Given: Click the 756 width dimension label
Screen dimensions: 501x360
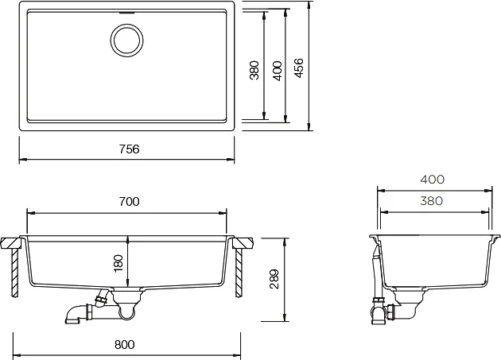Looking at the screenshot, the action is (130, 149).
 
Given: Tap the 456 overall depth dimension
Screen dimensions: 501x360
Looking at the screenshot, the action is (299, 68).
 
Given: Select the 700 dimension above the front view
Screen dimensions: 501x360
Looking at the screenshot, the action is (129, 202).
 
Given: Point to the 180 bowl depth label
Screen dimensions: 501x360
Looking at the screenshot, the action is (118, 263).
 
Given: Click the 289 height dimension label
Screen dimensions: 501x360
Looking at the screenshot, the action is (274, 280).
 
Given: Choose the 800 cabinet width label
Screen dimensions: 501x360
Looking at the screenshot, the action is (125, 345).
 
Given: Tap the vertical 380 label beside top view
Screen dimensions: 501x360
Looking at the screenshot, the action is (254, 70).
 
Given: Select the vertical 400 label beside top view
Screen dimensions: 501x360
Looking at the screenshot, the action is (278, 71).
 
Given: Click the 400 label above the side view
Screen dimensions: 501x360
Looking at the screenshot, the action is (432, 180).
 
